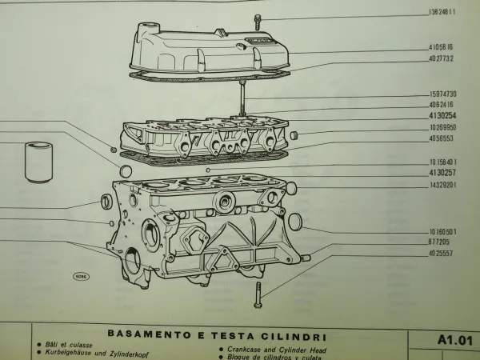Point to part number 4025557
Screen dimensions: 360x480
(x=441, y=252)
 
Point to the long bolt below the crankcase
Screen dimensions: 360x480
(x=258, y=295)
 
